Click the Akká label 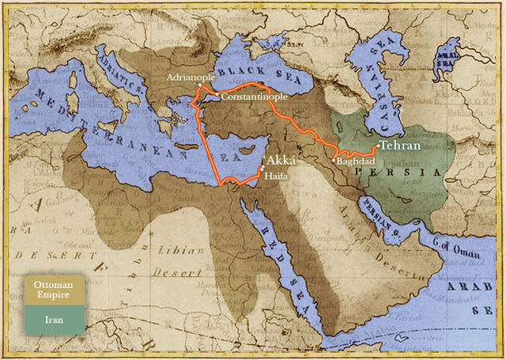coord(278,159)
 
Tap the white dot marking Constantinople coord(217,93)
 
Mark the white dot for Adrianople coord(200,85)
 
